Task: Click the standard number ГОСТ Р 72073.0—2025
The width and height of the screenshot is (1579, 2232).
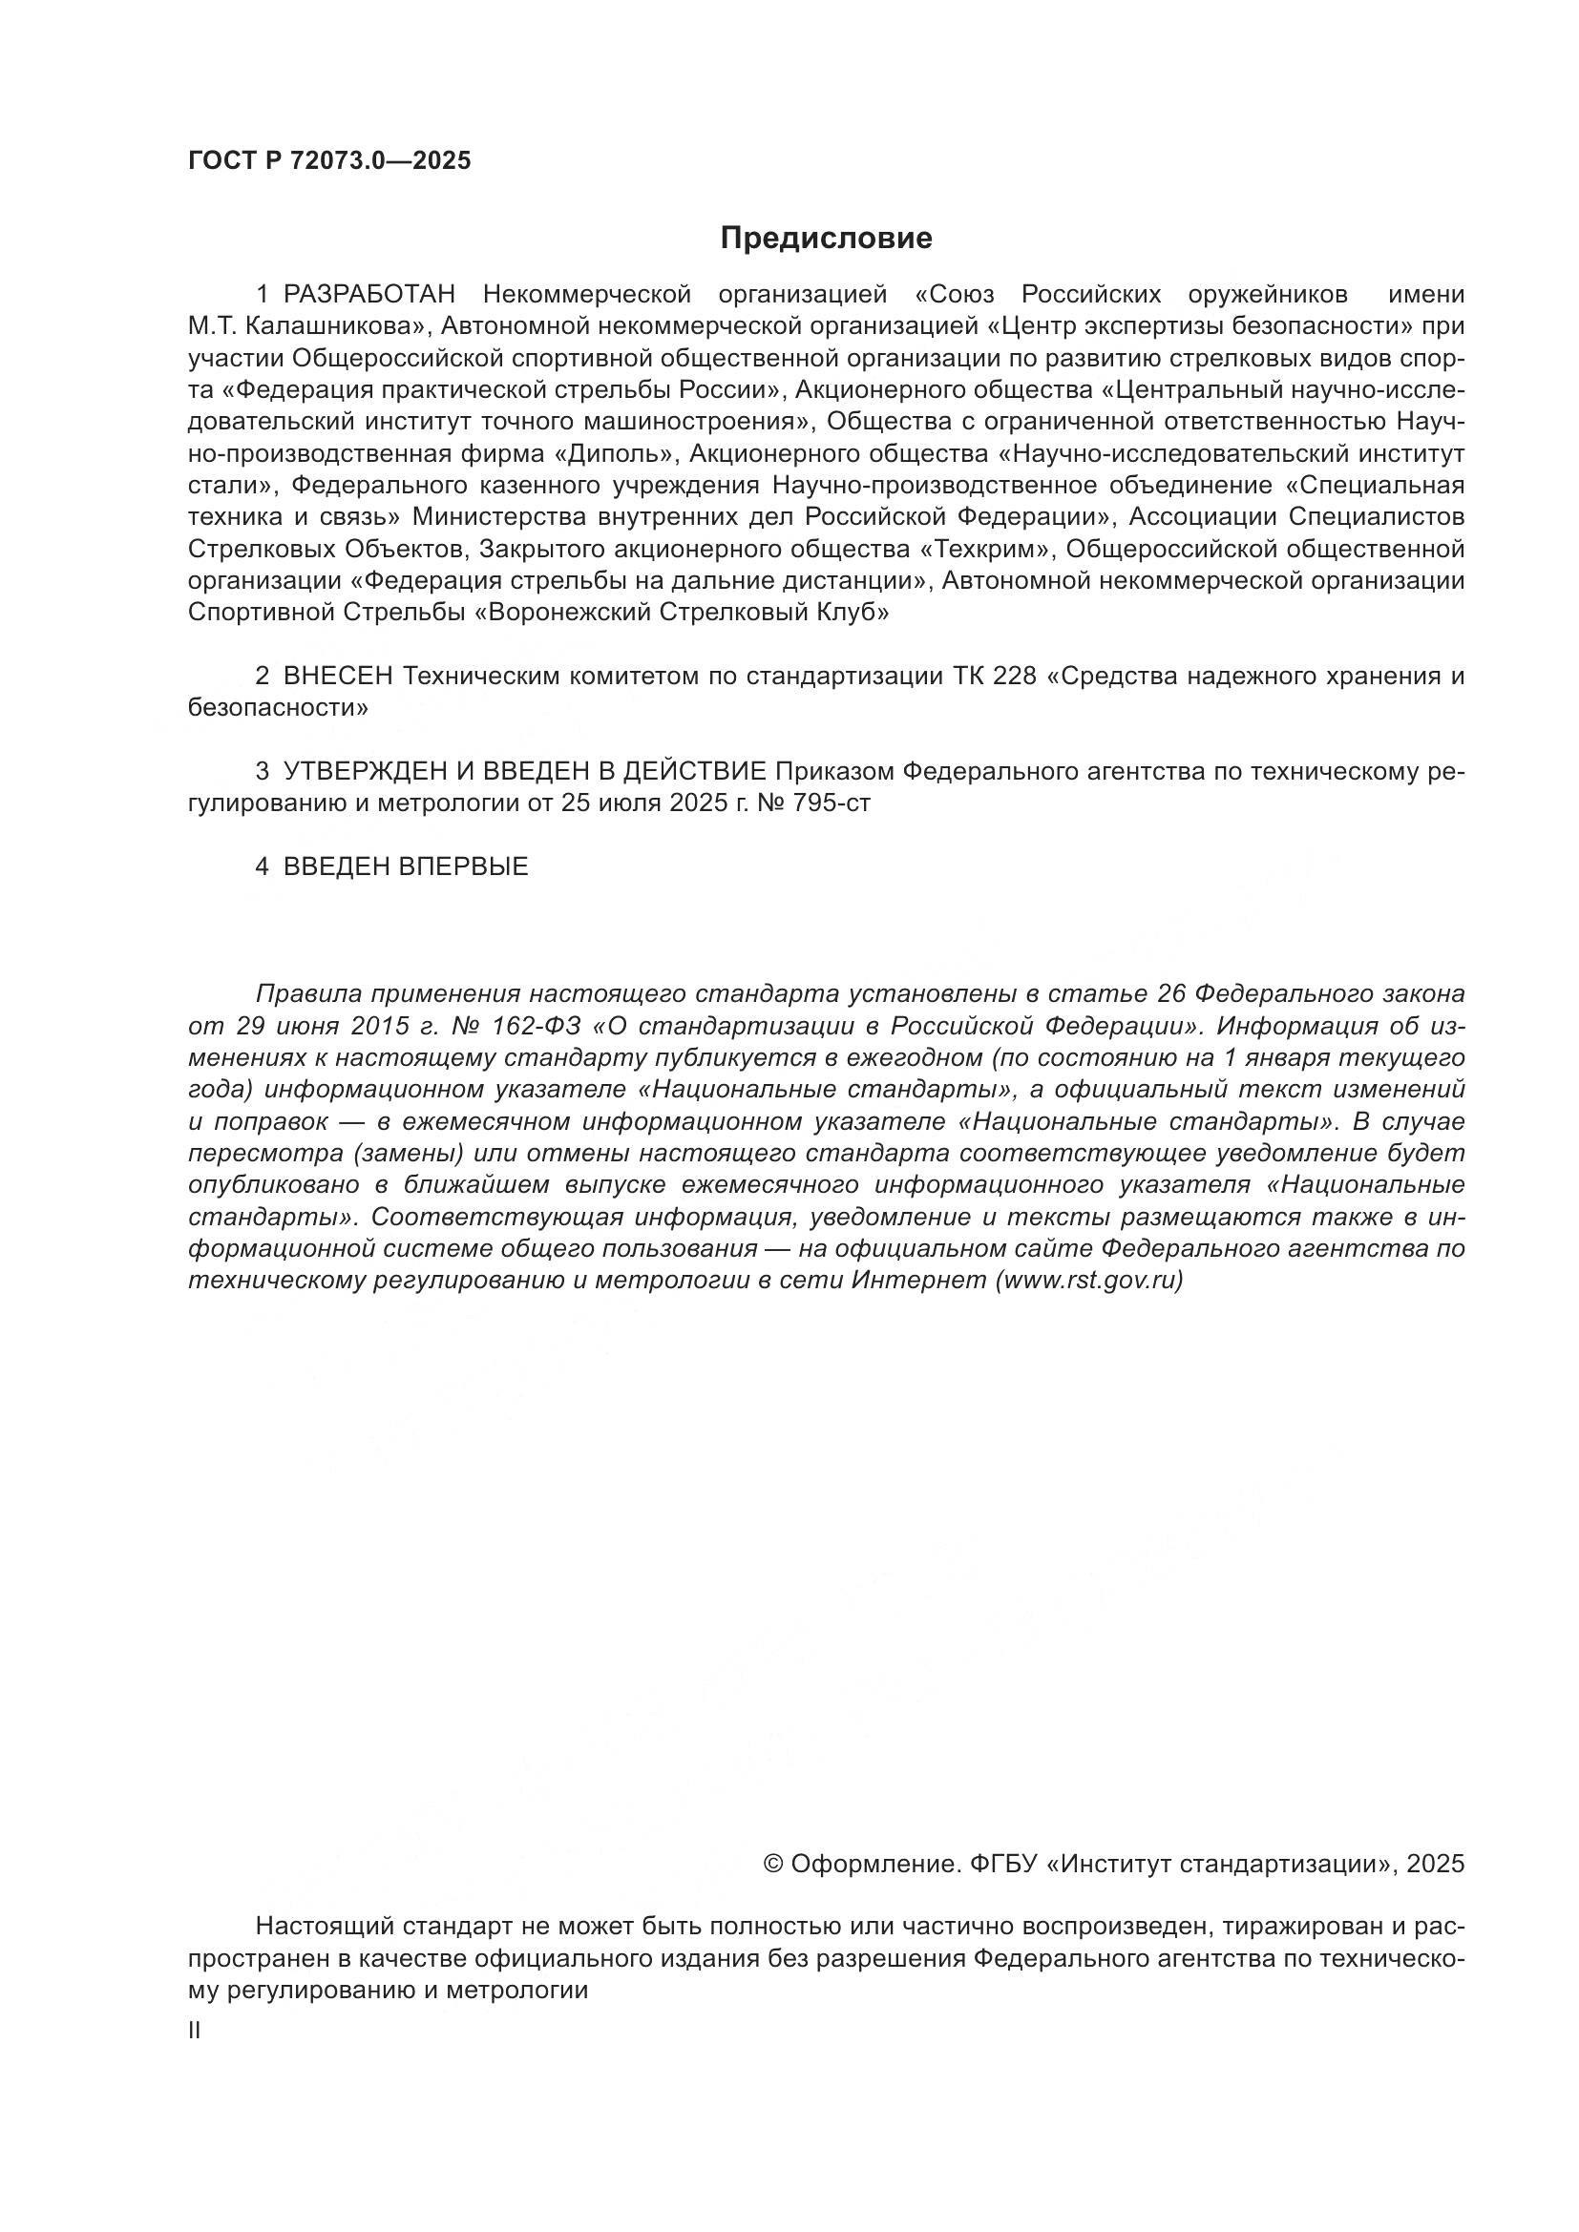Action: coord(329,160)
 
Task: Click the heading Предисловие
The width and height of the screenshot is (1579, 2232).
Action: coord(827,239)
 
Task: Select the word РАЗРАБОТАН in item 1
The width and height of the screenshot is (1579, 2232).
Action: coord(369,295)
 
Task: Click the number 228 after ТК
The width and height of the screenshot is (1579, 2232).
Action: coord(1015,677)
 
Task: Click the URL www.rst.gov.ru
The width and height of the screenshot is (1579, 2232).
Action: coord(1089,1281)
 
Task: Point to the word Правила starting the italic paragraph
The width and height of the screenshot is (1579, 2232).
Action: coord(308,994)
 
